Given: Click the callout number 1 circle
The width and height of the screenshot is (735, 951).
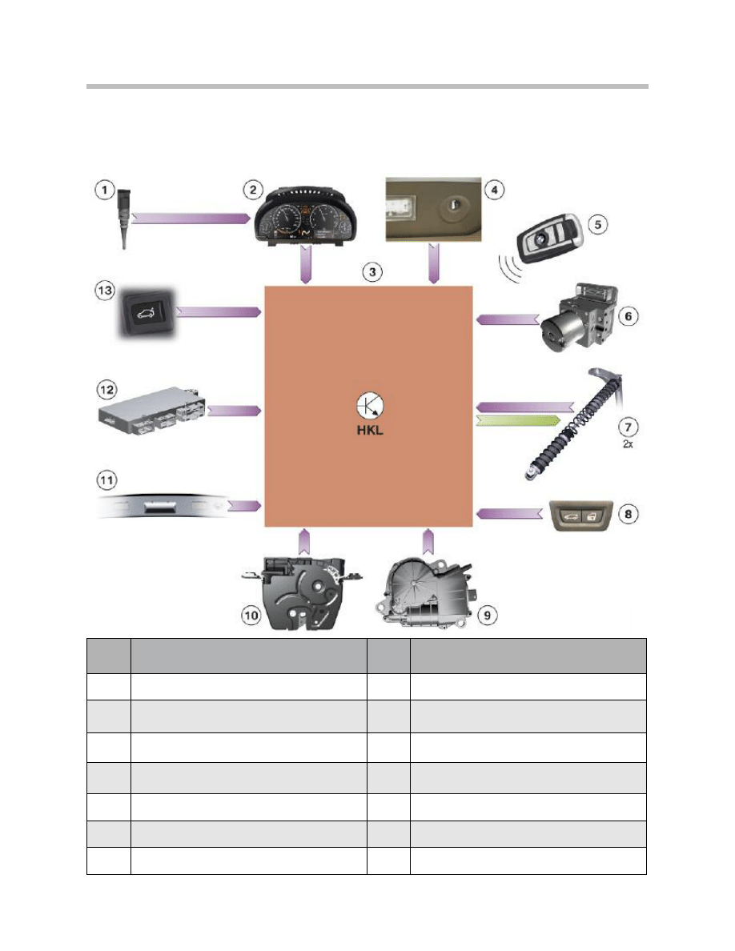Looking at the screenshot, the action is [x=105, y=190].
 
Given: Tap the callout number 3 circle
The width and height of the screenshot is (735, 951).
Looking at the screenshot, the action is [x=372, y=271].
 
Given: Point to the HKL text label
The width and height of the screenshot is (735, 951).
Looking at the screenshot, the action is [x=370, y=431].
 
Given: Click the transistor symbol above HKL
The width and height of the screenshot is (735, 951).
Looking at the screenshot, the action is [x=370, y=406].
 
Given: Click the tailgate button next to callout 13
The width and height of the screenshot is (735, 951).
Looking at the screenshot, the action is [x=146, y=313].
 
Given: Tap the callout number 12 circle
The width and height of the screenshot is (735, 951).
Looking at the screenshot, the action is [x=106, y=389].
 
